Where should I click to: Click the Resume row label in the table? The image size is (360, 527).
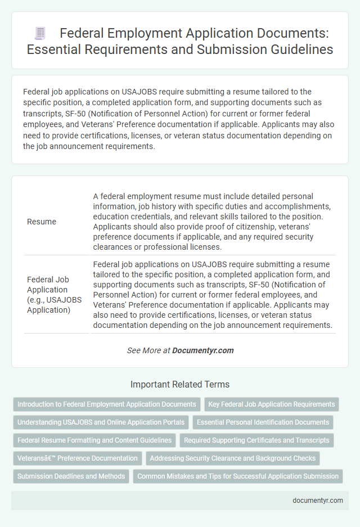point(42,222)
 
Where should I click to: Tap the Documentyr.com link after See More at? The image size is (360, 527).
point(202,350)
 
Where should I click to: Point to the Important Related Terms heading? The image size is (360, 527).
point(179,385)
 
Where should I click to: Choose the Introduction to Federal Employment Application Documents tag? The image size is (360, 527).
point(106,404)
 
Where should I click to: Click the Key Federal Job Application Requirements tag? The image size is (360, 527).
point(272,404)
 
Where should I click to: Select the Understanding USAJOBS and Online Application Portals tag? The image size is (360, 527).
point(101,422)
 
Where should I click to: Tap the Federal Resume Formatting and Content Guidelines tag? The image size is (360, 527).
point(94,440)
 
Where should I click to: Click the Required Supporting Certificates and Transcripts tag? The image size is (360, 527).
point(256,440)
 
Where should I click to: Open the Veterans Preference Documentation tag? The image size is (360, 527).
point(77,458)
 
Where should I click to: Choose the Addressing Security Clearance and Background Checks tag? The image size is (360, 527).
point(233,458)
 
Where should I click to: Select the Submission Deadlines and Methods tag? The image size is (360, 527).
point(71,476)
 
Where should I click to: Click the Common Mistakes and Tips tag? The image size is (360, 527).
point(238,476)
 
